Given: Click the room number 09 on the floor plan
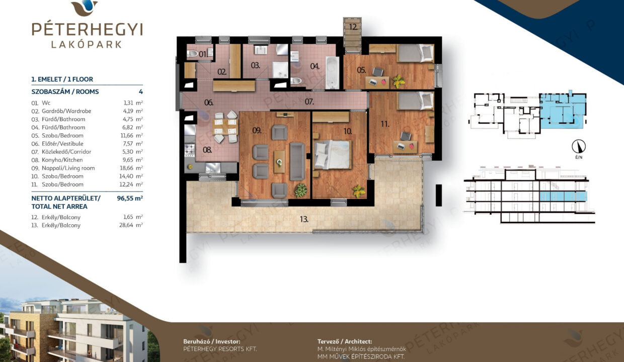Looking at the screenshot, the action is (257, 130).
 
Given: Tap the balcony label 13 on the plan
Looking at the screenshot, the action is (304, 219).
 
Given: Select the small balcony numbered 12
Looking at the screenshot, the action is (353, 35).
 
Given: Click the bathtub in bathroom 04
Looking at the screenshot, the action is (332, 72).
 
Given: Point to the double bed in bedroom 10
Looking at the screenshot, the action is (332, 155).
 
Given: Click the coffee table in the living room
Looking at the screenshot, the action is (279, 162).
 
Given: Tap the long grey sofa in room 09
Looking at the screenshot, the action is (297, 161).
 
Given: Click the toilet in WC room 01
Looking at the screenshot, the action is (193, 53).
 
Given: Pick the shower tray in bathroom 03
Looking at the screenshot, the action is (280, 70).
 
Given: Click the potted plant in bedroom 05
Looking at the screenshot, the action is (399, 81).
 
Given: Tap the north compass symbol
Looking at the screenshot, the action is (579, 146).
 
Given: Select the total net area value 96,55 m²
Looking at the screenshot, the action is (130, 199).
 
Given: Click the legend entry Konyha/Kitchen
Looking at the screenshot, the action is (62, 160).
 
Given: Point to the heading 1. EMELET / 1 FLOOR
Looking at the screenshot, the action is (62, 79).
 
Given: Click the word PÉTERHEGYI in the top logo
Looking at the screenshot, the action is (87, 29).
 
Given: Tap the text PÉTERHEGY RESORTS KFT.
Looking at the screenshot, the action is (220, 349).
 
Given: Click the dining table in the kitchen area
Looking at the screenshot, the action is (225, 126).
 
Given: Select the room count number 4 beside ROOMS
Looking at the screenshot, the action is (141, 92).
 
